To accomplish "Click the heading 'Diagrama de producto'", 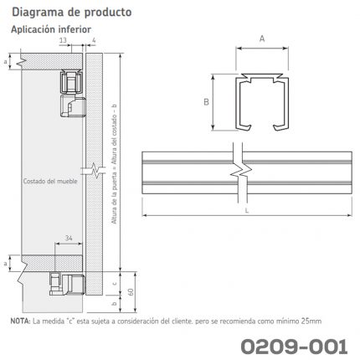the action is tap(71, 13).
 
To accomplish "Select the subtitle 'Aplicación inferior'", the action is tap(51, 29).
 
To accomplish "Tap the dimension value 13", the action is tap(63, 40).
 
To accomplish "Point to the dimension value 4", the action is tap(94, 40).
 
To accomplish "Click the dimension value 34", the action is tap(69, 238).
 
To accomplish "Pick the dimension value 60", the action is tap(131, 291).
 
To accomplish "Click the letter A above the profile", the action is tap(262, 39).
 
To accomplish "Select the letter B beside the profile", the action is tap(206, 102).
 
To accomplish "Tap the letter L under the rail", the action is tap(247, 210).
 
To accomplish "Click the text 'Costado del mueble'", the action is tap(50, 181).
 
